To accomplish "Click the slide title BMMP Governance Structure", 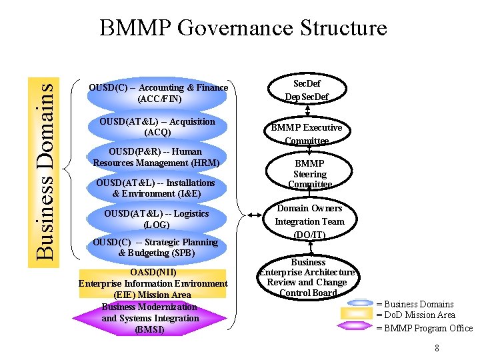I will click(x=243, y=28).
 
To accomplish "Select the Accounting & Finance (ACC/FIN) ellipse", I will click(x=158, y=93).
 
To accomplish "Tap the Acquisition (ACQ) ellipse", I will click(x=157, y=127).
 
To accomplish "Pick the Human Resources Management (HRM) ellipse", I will click(x=157, y=157).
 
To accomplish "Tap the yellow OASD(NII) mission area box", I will click(x=153, y=283).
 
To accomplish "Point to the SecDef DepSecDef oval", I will click(x=307, y=90).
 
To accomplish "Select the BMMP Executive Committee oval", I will click(x=307, y=133).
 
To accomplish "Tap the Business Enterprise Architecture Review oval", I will click(x=307, y=277).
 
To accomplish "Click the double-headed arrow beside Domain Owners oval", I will click(x=255, y=215).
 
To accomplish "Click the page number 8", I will click(x=437, y=348).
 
